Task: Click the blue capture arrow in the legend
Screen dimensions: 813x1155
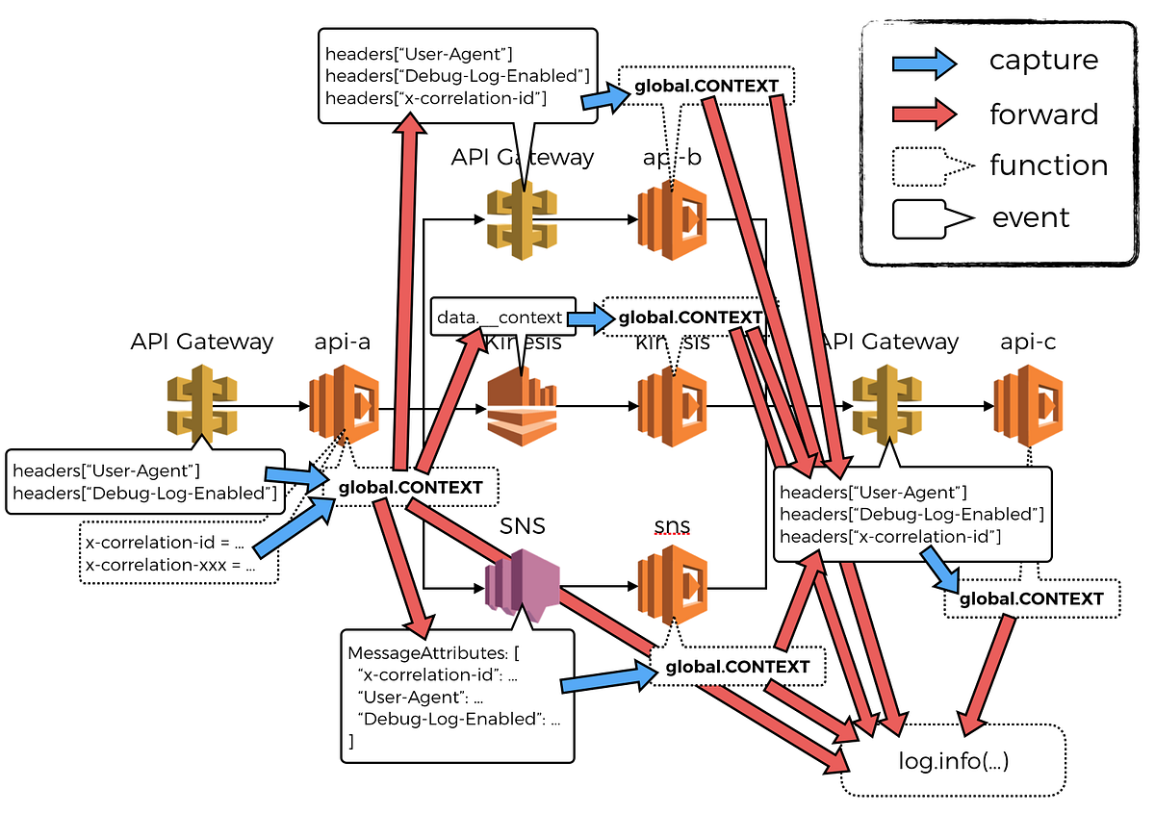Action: point(922,63)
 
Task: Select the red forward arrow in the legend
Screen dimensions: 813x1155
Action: point(922,114)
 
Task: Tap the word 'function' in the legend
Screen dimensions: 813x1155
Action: point(1048,165)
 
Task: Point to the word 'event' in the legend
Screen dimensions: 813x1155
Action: point(1030,218)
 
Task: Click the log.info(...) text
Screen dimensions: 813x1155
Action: point(953,761)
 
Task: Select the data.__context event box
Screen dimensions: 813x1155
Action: point(502,317)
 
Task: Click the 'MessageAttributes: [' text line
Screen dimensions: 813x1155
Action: point(433,653)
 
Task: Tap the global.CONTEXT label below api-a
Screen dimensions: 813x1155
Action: point(411,488)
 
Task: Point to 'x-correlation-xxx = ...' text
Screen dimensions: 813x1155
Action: point(170,565)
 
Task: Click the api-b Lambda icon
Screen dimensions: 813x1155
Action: point(672,220)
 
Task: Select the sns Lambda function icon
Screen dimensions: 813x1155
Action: point(672,583)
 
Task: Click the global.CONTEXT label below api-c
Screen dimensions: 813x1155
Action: point(1031,598)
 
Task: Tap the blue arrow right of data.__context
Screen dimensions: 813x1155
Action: point(591,318)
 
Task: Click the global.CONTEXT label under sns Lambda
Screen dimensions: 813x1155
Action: point(738,667)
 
